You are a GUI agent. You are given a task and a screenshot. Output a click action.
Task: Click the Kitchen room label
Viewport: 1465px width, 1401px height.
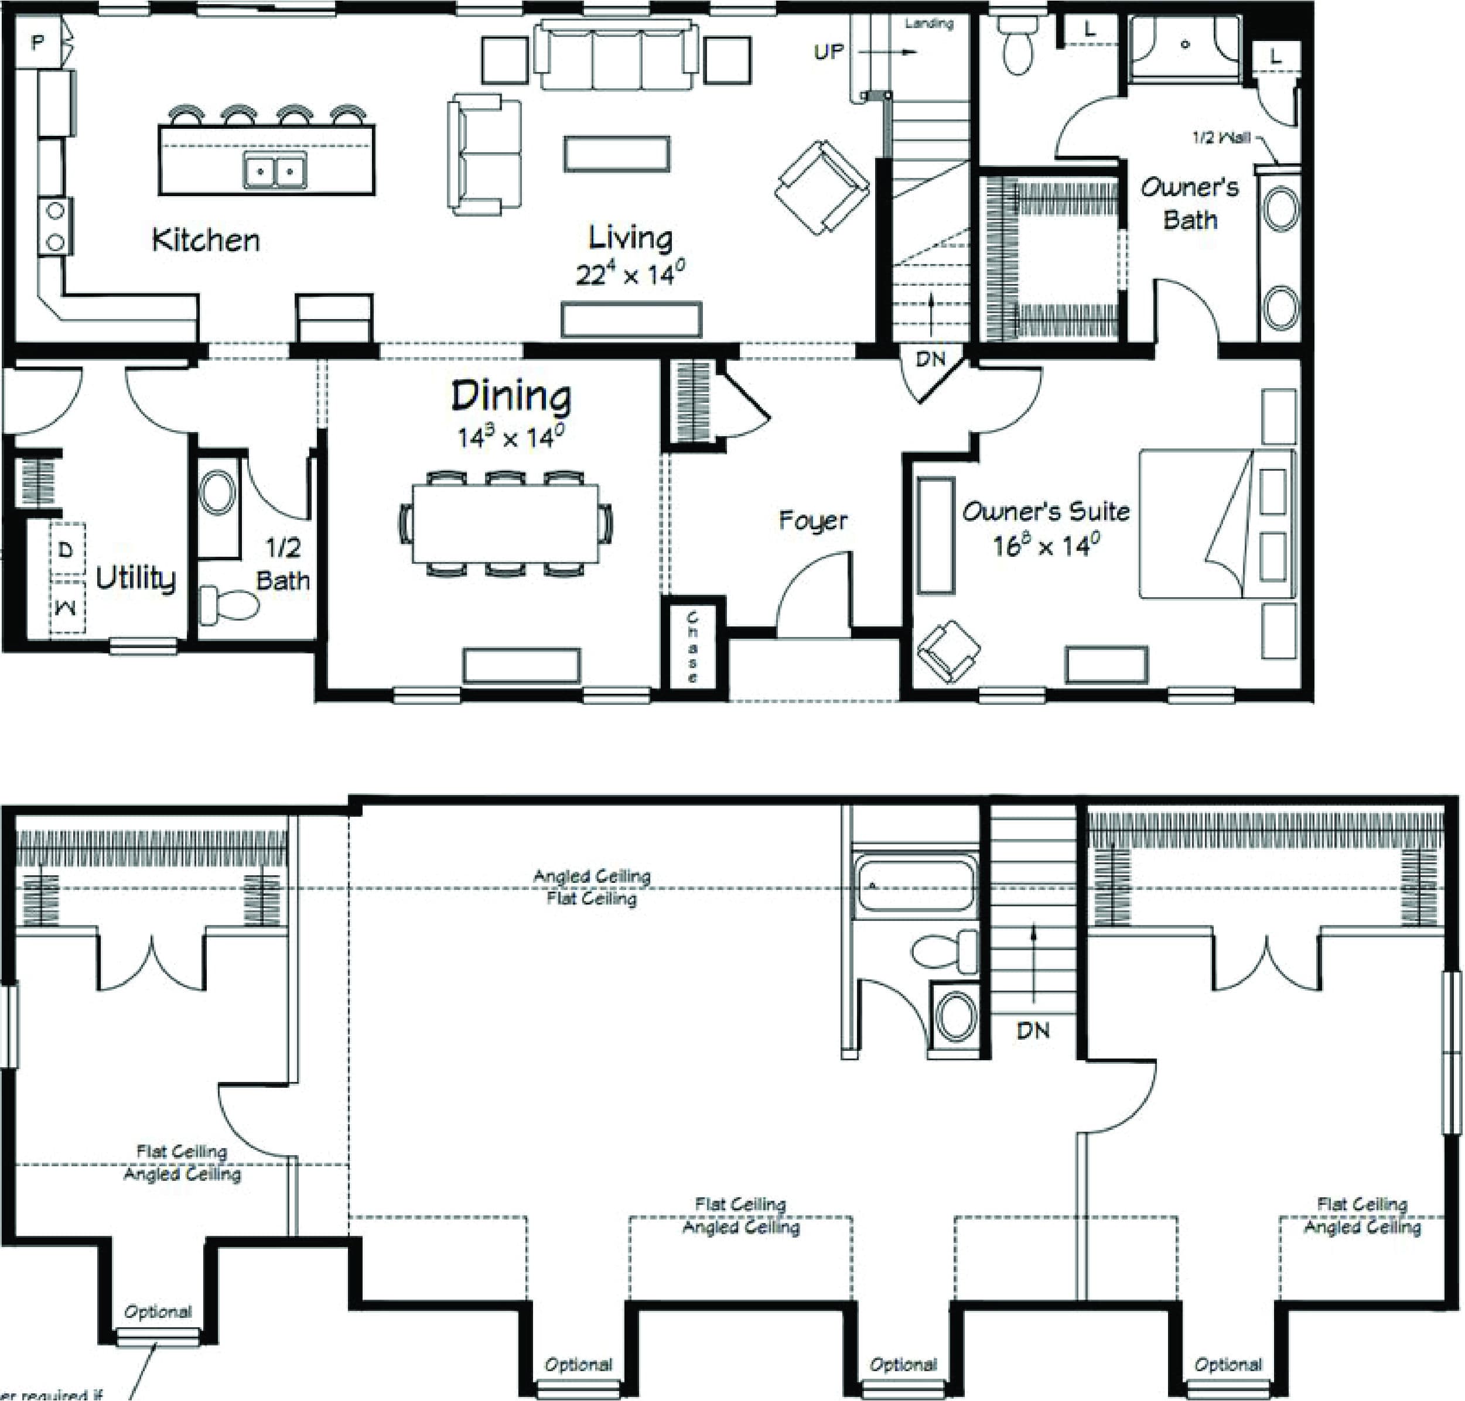point(206,241)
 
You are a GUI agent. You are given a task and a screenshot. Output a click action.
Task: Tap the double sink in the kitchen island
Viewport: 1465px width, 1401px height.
point(275,170)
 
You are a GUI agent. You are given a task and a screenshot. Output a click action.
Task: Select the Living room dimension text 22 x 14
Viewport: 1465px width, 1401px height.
point(630,274)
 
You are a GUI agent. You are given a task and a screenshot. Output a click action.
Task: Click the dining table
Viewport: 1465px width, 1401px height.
point(506,523)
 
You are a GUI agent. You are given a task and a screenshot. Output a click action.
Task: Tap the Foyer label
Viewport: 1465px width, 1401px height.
point(813,520)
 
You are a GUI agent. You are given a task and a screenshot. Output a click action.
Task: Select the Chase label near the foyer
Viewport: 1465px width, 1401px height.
point(692,647)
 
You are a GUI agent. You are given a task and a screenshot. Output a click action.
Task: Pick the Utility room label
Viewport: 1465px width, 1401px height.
point(136,577)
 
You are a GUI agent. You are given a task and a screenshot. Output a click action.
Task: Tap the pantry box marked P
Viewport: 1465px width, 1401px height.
point(37,43)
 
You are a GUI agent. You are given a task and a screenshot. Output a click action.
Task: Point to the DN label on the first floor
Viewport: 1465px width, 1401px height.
point(931,359)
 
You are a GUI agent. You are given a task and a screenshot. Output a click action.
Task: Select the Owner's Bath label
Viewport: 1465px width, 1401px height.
point(1189,203)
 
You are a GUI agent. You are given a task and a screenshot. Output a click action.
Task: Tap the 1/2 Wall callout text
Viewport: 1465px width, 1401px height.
point(1221,138)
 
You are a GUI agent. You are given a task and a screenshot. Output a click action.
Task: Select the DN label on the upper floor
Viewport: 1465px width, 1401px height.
point(1033,1030)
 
